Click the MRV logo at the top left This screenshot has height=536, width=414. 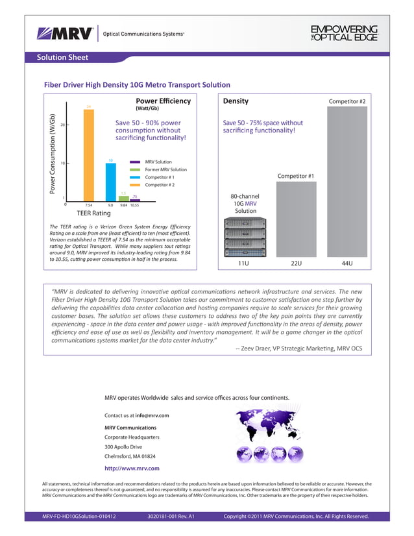point(66,33)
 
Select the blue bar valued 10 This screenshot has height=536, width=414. point(111,182)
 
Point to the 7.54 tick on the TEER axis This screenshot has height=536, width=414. point(89,205)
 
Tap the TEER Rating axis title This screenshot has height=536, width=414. point(94,212)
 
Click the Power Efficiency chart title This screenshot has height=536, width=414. point(163,102)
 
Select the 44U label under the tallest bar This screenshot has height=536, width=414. point(347,263)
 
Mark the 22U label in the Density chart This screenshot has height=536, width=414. point(296,263)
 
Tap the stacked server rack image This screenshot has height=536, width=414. point(245,238)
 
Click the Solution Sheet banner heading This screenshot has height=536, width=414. point(62,58)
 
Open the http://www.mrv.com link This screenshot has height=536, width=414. point(132,467)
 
